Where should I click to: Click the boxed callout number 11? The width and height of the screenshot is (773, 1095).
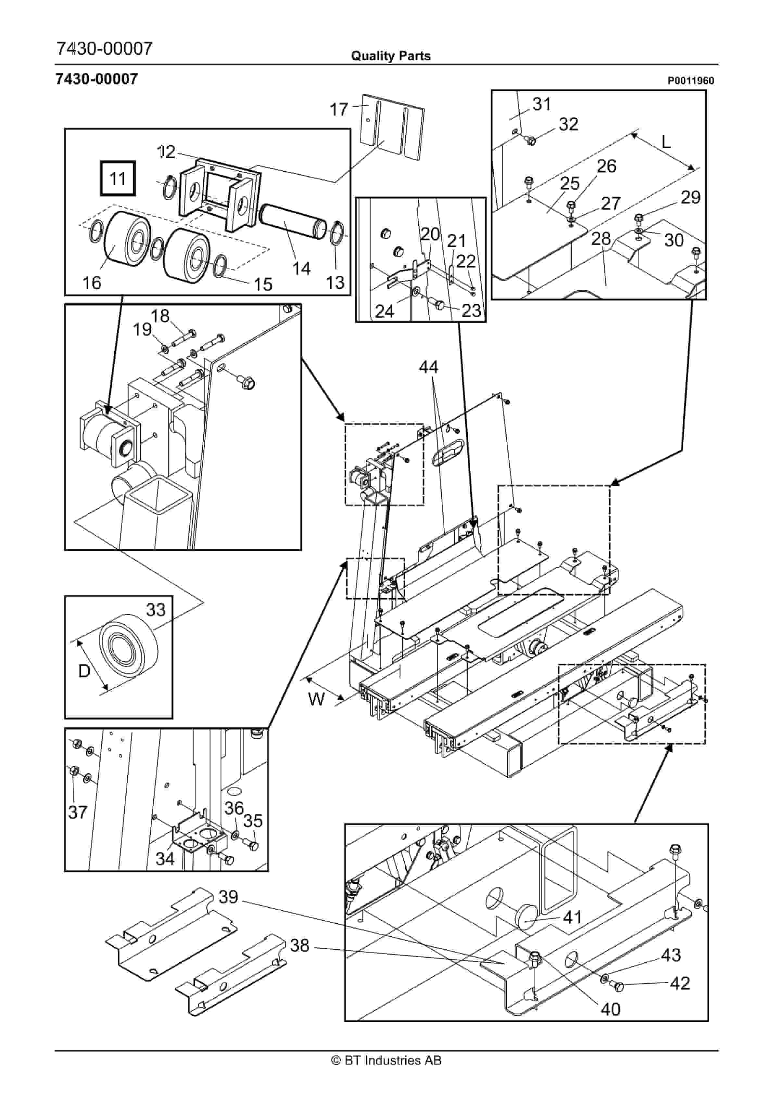(x=117, y=178)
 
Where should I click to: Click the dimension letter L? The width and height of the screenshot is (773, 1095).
(x=666, y=142)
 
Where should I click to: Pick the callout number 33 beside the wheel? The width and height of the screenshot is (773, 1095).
(x=155, y=610)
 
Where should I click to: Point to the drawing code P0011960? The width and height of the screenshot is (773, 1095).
(x=690, y=81)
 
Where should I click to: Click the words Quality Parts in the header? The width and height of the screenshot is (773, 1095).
(x=390, y=56)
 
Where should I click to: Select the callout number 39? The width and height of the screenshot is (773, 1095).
(x=228, y=897)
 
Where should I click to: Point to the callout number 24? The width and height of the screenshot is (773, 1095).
(x=384, y=311)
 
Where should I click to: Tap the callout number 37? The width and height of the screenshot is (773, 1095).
(x=78, y=812)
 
